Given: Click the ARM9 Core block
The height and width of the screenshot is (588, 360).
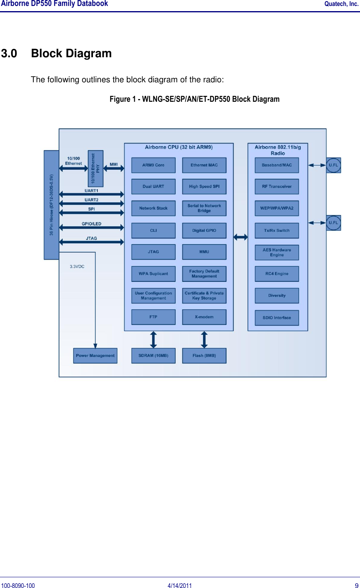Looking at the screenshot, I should [153, 165].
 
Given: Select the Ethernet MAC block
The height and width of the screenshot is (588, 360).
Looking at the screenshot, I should [204, 165].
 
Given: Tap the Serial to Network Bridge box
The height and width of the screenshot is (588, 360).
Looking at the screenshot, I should [204, 208].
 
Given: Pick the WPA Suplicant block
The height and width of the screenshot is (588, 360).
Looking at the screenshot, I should [153, 274].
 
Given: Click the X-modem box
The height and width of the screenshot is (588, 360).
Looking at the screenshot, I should [204, 317].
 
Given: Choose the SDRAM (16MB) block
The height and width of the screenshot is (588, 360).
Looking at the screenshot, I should [153, 355].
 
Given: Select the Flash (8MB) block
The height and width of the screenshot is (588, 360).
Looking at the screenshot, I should [204, 355].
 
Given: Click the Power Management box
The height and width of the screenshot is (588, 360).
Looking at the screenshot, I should [95, 355].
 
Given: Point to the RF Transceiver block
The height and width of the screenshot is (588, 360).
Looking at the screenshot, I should [277, 186].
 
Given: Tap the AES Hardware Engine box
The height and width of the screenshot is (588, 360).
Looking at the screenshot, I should [277, 252].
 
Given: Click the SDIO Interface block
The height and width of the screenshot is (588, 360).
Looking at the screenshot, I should [277, 318].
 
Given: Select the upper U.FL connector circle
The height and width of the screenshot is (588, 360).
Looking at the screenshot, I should [333, 165].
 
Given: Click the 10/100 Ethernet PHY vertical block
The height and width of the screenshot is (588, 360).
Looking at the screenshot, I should [95, 169].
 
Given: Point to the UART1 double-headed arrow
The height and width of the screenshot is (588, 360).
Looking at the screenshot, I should [91, 194].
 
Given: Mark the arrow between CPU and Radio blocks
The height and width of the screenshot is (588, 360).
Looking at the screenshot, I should [240, 237].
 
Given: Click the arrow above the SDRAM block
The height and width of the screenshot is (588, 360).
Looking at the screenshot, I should [153, 340].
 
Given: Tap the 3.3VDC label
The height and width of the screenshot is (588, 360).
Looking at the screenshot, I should [77, 266].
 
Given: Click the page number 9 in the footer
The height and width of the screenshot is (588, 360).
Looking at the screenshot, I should [356, 585].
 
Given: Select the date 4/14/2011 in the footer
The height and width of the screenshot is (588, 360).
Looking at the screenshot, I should [180, 585].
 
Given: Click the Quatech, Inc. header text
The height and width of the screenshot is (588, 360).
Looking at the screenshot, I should [341, 4].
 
